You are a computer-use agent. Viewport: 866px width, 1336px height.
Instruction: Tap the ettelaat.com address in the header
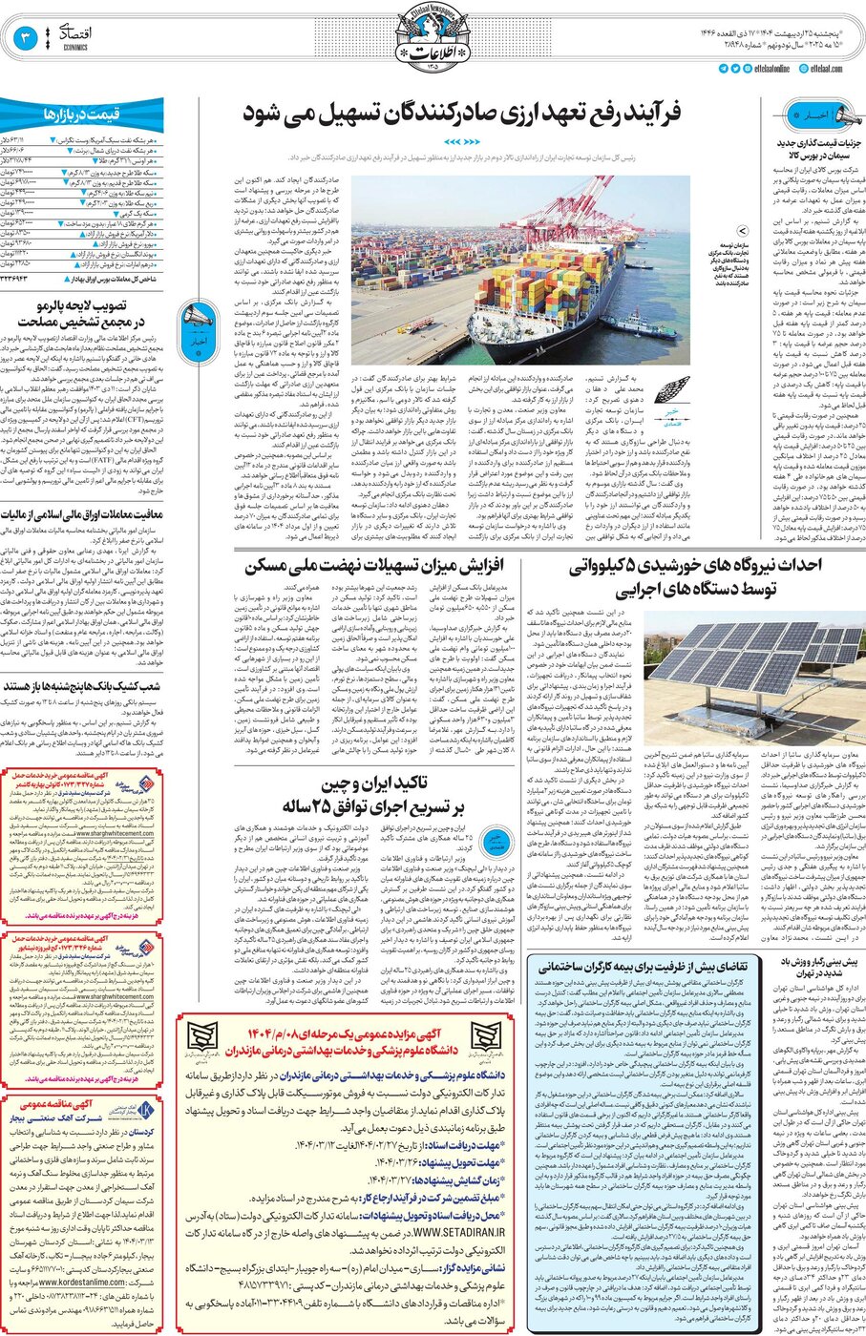pos(825,69)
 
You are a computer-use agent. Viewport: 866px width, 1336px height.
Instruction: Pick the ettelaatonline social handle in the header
pos(765,69)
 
